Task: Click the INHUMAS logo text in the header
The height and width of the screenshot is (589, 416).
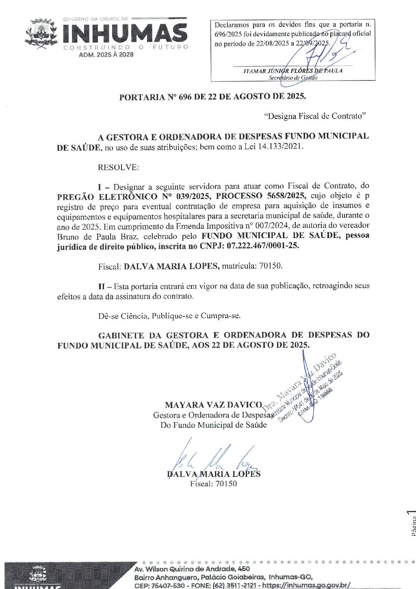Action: tap(124, 33)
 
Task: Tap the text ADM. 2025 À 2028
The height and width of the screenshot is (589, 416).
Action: tap(106, 54)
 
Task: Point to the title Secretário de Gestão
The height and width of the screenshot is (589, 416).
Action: tap(292, 78)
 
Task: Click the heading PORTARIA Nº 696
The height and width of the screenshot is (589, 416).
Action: tap(212, 97)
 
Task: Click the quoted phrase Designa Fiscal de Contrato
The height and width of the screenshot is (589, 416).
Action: tap(315, 116)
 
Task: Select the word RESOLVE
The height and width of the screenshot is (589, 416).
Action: tap(118, 167)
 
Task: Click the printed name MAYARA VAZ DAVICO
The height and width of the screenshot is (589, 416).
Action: tap(214, 405)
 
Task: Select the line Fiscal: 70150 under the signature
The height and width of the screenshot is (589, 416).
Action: tap(213, 483)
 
